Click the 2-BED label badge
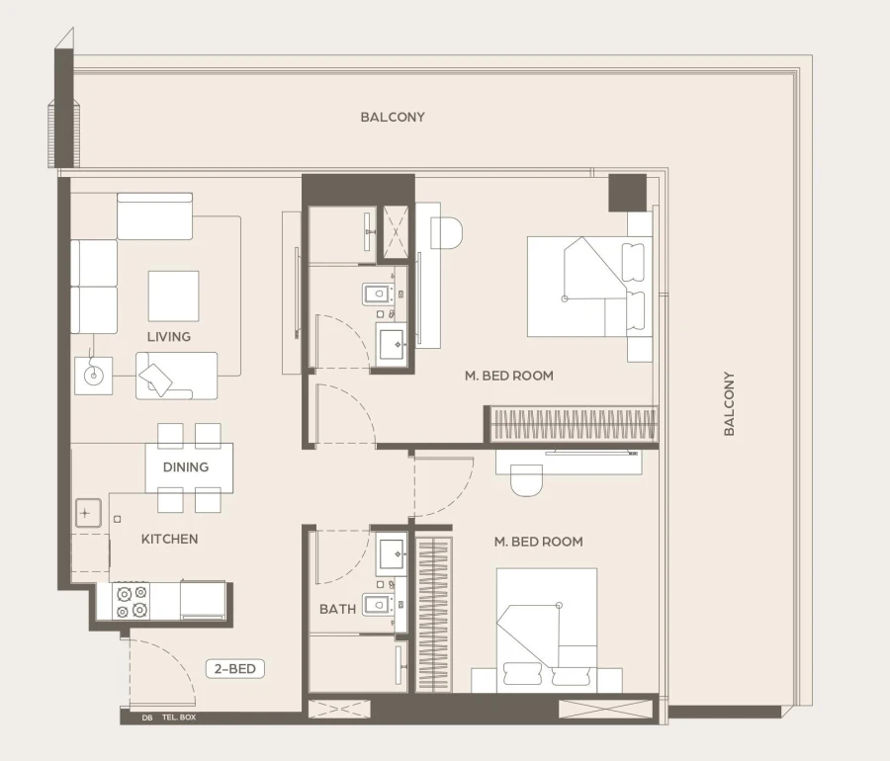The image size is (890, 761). pos(236,669)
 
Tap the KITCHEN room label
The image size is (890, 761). pos(169,539)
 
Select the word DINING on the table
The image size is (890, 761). pos(186,466)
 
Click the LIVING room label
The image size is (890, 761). pos(169,336)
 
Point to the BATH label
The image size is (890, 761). pos(337,609)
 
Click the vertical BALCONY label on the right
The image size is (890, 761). pos(729,403)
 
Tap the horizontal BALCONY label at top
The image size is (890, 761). pos(393,117)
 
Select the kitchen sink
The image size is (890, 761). pos(88,514)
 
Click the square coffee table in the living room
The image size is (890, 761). pos(173,296)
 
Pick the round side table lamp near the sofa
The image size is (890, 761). pos(94,375)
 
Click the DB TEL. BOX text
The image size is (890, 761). pos(168,718)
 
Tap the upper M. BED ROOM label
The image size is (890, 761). pos(509,376)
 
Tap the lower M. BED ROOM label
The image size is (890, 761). pos(539,542)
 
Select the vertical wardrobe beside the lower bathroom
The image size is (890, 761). pos(433,613)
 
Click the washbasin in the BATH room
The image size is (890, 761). pos(393,553)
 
